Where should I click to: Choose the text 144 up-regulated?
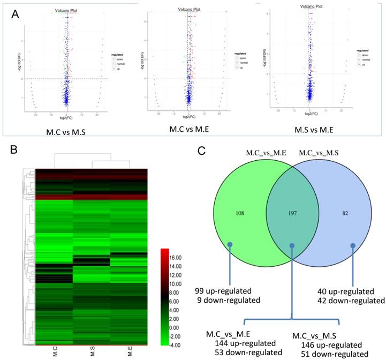244,343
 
